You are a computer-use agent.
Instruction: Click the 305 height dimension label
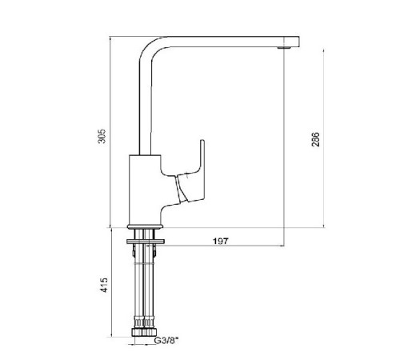click(102, 136)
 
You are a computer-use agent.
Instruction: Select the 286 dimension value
click(315, 139)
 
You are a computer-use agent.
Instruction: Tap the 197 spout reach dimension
click(221, 241)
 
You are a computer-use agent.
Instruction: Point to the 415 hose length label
click(105, 285)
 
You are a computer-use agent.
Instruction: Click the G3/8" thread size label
click(166, 341)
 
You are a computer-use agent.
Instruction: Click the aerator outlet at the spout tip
click(283, 48)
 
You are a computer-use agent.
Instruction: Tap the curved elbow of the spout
click(151, 50)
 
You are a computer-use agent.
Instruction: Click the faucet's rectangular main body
click(145, 190)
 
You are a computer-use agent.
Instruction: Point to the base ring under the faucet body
click(145, 226)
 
